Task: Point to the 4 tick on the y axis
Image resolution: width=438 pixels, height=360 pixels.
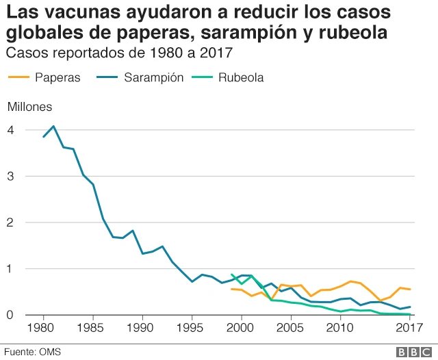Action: pyautogui.click(x=10, y=130)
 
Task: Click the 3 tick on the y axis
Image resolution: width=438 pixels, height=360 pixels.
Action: pyautogui.click(x=10, y=177)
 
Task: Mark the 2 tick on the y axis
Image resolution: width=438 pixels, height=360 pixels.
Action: pyautogui.click(x=10, y=222)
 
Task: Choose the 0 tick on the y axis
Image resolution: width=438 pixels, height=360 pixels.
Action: pyautogui.click(x=10, y=316)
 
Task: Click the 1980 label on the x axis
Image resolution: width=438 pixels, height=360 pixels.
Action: pyautogui.click(x=44, y=329)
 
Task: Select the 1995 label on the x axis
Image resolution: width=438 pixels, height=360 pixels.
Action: pyautogui.click(x=192, y=329)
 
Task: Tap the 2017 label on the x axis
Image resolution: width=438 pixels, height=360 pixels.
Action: pyautogui.click(x=410, y=329)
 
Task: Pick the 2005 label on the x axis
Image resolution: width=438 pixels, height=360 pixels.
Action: pyautogui.click(x=292, y=329)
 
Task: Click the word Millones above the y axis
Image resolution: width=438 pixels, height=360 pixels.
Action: pyautogui.click(x=29, y=106)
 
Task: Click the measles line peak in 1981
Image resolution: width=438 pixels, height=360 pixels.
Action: pyautogui.click(x=53, y=126)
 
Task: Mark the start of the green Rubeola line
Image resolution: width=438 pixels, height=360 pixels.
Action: pyautogui.click(x=232, y=274)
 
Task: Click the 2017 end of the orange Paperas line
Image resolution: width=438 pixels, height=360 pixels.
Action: pyautogui.click(x=410, y=290)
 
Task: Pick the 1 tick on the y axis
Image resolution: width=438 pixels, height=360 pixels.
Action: pyautogui.click(x=10, y=269)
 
